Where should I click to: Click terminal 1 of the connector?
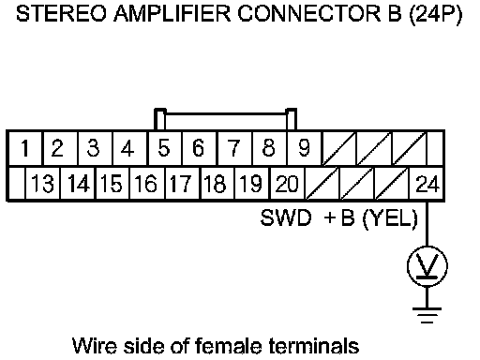(x=25, y=148)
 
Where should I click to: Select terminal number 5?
(x=164, y=148)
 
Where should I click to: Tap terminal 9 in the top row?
(x=304, y=148)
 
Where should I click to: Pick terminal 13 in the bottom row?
(x=43, y=184)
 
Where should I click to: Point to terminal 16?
(x=146, y=184)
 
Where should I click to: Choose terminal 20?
(x=287, y=184)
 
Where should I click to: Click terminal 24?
(x=427, y=184)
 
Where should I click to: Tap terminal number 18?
(x=217, y=184)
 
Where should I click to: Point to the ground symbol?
(x=427, y=315)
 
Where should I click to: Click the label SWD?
(x=286, y=217)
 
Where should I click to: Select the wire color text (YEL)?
(x=390, y=218)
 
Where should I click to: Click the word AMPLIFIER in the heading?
(x=172, y=14)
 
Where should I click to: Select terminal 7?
(x=234, y=148)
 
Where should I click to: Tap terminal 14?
(x=78, y=184)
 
